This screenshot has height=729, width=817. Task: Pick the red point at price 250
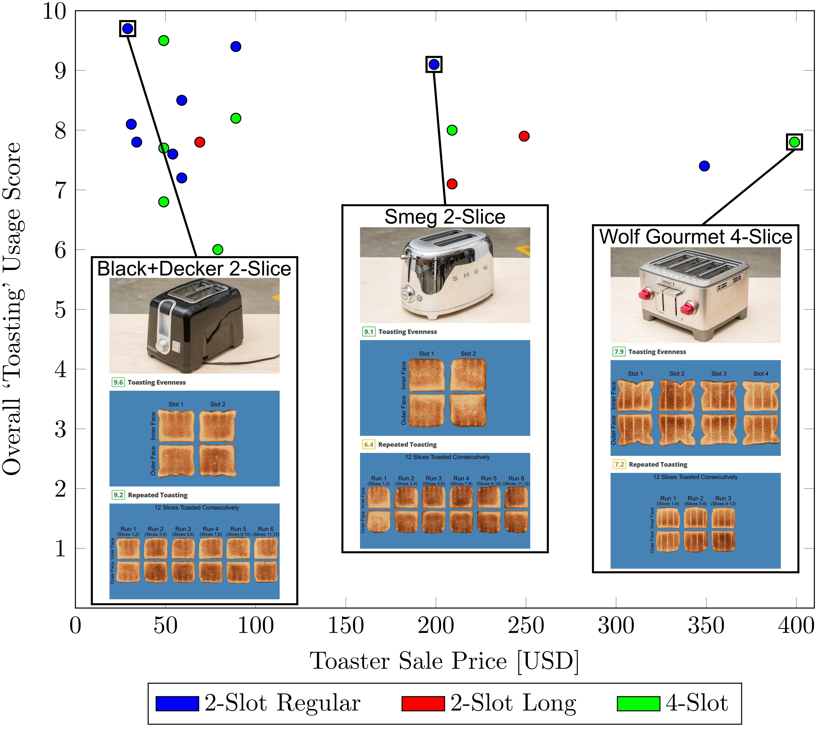point(524,136)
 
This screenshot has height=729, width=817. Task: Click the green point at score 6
point(218,249)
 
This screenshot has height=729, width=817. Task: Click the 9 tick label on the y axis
point(60,71)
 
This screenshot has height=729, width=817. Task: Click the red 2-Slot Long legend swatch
point(423,704)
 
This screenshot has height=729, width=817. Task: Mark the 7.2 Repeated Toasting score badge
point(619,465)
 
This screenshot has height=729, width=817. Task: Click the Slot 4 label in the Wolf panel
point(761,374)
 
